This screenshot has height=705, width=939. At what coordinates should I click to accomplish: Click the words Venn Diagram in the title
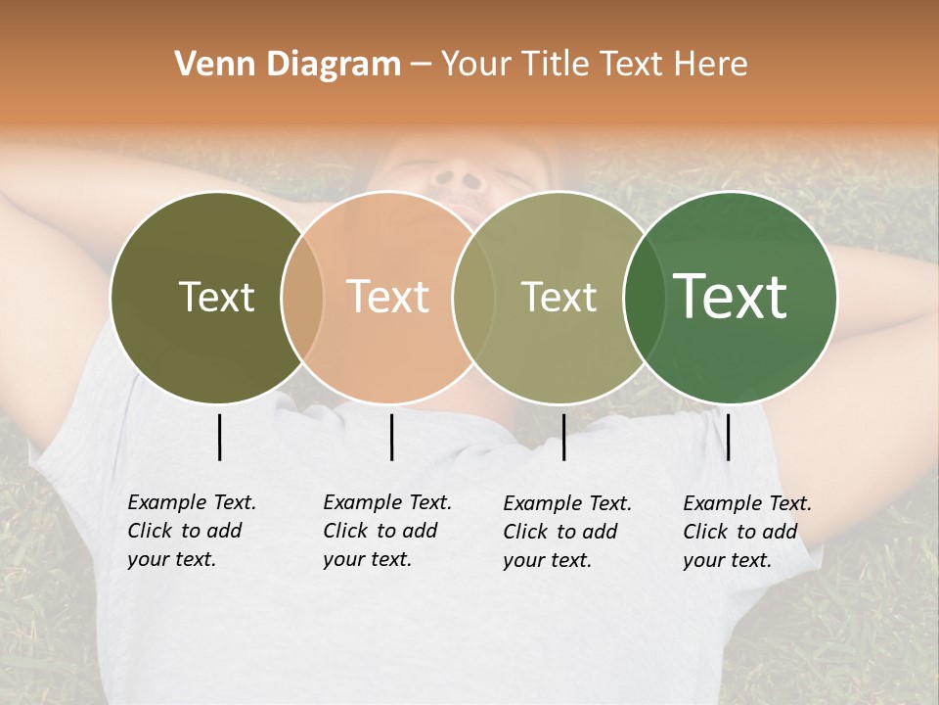coord(288,65)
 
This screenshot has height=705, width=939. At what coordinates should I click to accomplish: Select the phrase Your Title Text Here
coord(594,65)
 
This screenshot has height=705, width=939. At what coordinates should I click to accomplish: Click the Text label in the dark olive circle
coord(216,298)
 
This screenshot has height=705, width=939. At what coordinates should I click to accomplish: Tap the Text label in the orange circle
coord(387,298)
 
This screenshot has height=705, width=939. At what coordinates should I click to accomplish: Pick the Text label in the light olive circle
coord(559,298)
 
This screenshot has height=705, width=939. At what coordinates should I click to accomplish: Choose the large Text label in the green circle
coord(730,297)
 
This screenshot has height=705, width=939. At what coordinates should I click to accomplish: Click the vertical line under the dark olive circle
coord(219,437)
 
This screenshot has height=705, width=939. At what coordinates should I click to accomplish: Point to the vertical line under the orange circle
coord(391,437)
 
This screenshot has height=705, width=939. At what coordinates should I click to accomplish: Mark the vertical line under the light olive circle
coord(563,437)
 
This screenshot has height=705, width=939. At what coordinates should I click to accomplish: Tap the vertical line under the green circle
coord(728,437)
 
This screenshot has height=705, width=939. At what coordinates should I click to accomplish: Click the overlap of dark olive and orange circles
coord(302,298)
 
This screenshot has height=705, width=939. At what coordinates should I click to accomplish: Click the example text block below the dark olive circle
coord(192,531)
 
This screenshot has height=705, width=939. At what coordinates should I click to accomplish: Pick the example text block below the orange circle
coord(387,531)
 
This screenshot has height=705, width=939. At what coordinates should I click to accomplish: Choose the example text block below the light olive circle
coord(567,532)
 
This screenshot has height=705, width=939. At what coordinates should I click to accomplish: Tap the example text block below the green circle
coord(747,532)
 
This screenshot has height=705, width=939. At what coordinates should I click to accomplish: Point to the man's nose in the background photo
coord(459,181)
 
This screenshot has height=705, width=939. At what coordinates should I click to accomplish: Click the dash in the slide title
coord(421,66)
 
